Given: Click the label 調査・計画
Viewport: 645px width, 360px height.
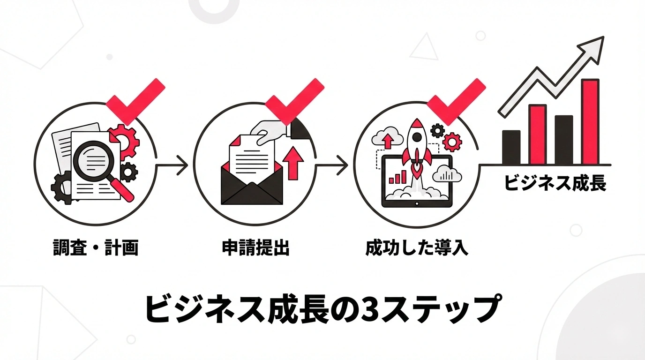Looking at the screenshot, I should (x=95, y=247).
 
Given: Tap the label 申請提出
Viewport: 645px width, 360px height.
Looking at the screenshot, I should (x=255, y=247).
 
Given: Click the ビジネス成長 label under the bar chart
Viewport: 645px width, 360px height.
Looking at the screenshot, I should (x=555, y=183).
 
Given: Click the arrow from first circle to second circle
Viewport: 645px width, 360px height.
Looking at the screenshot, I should (x=172, y=165).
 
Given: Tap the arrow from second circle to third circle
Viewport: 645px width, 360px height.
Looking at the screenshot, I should (x=332, y=165).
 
